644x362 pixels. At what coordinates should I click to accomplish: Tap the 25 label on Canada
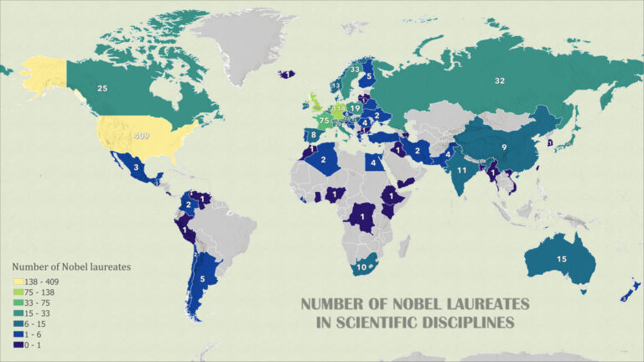tap(102, 87)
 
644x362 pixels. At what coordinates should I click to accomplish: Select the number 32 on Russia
tap(500, 80)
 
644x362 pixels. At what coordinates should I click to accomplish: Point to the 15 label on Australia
tap(561, 259)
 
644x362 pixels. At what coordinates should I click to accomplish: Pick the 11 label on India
tap(462, 169)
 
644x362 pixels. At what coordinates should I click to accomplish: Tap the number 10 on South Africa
tap(361, 266)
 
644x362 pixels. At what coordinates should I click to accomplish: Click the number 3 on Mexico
tap(137, 168)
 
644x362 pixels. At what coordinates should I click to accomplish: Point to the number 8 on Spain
tap(313, 134)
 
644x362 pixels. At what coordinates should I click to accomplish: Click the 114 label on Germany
tap(339, 109)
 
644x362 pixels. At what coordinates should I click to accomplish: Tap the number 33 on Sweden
tap(356, 70)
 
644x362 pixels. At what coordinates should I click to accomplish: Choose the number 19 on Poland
tap(356, 108)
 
